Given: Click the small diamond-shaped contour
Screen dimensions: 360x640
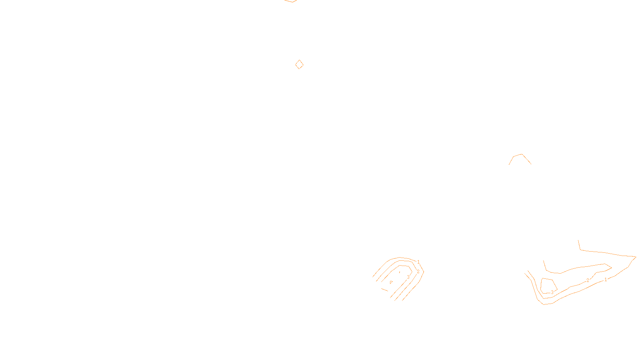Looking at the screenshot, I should (x=299, y=64).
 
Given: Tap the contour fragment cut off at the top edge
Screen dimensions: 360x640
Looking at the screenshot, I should (x=290, y=1).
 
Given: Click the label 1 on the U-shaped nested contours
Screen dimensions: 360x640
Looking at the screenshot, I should (x=418, y=262).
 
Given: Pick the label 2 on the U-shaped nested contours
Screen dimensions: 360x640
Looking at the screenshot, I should (x=418, y=272).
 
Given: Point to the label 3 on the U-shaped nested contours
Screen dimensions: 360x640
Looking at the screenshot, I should (x=408, y=277).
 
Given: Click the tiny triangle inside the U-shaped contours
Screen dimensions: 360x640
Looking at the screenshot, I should (x=391, y=282).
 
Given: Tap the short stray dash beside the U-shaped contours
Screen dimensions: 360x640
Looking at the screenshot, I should (x=385, y=290).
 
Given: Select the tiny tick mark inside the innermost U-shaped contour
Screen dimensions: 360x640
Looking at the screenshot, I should (x=399, y=272).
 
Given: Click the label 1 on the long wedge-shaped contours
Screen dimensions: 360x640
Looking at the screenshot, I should (x=606, y=280).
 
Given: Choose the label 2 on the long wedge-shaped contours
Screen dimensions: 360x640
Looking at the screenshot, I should (x=588, y=280).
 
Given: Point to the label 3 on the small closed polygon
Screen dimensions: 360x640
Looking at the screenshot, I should (x=552, y=292).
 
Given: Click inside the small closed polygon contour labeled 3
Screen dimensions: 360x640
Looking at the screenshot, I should (x=548, y=285).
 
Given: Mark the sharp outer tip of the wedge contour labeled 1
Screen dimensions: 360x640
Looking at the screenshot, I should (x=636, y=257).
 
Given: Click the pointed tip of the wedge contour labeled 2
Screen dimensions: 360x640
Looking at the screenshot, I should (x=612, y=267).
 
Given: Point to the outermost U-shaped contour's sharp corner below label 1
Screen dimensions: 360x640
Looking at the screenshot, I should (x=424, y=272).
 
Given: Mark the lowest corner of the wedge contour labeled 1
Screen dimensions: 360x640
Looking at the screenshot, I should (x=544, y=304).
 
